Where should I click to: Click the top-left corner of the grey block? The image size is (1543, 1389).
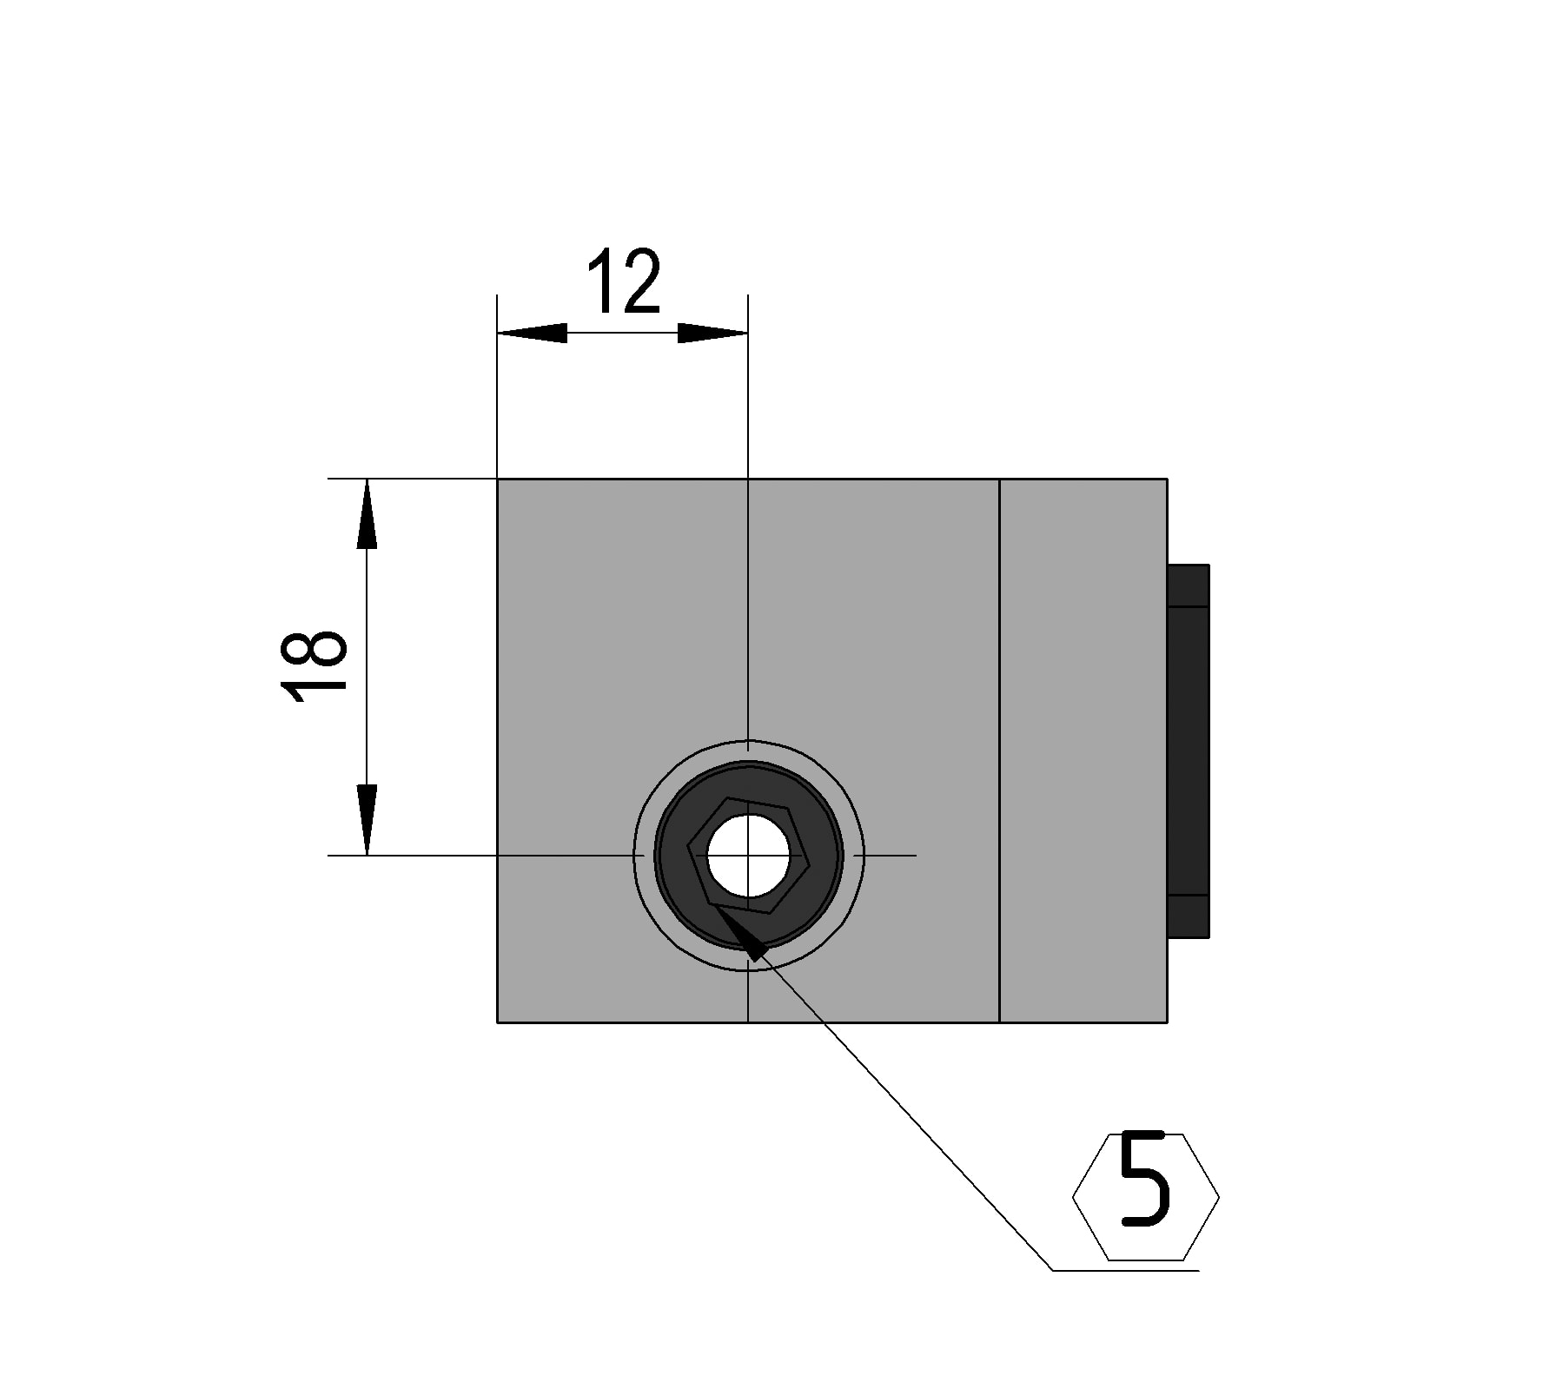pyautogui.click(x=497, y=479)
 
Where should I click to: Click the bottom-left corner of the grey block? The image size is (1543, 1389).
pyautogui.click(x=497, y=1022)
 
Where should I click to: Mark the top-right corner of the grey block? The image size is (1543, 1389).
pyautogui.click(x=1167, y=479)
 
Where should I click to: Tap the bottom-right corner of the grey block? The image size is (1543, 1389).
pyautogui.click(x=1167, y=1022)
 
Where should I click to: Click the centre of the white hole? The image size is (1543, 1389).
pyautogui.click(x=748, y=857)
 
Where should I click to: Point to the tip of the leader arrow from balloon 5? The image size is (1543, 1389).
pyautogui.click(x=712, y=904)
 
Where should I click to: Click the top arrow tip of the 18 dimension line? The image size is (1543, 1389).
pyautogui.click(x=367, y=480)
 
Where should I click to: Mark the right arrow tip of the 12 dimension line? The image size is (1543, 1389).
pyautogui.click(x=747, y=333)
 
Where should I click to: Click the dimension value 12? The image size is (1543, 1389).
pyautogui.click(x=625, y=281)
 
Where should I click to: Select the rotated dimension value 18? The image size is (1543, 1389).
pyautogui.click(x=315, y=665)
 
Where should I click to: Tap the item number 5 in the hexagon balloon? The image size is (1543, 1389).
pyautogui.click(x=1144, y=1179)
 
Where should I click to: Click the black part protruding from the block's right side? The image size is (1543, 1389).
pyautogui.click(x=1189, y=751)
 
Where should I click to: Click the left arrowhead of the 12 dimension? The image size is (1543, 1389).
pyautogui.click(x=532, y=333)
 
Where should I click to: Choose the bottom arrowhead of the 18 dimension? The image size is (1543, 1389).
pyautogui.click(x=367, y=820)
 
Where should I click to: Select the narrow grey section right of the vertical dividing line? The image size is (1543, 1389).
pyautogui.click(x=1083, y=751)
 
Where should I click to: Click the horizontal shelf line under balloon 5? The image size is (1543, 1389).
pyautogui.click(x=1126, y=1271)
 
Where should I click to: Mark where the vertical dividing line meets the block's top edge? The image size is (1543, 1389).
pyautogui.click(x=1000, y=479)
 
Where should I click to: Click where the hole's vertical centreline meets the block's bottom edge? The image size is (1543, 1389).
pyautogui.click(x=748, y=1022)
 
